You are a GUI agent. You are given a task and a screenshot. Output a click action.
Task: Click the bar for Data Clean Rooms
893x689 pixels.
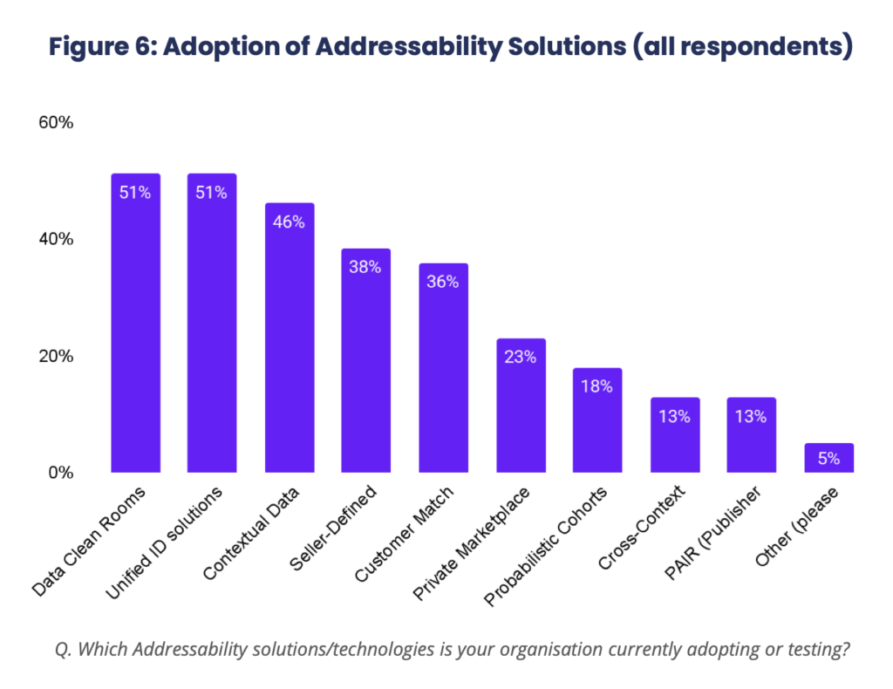(135, 323)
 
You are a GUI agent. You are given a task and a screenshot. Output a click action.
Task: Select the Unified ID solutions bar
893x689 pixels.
(212, 323)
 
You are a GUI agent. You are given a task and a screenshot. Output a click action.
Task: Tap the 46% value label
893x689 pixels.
(289, 222)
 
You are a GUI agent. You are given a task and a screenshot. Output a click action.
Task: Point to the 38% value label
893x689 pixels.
(365, 268)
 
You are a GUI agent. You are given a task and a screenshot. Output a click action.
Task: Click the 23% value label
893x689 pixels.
(520, 357)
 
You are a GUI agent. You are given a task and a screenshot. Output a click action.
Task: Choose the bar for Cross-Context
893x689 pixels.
(674, 435)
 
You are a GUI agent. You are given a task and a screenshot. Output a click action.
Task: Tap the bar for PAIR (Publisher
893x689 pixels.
(751, 435)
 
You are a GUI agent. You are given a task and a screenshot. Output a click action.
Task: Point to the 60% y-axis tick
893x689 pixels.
(55, 123)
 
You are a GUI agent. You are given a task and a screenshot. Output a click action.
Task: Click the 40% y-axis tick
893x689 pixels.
(55, 240)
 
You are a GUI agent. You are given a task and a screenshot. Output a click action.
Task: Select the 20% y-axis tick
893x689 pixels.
(55, 357)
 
